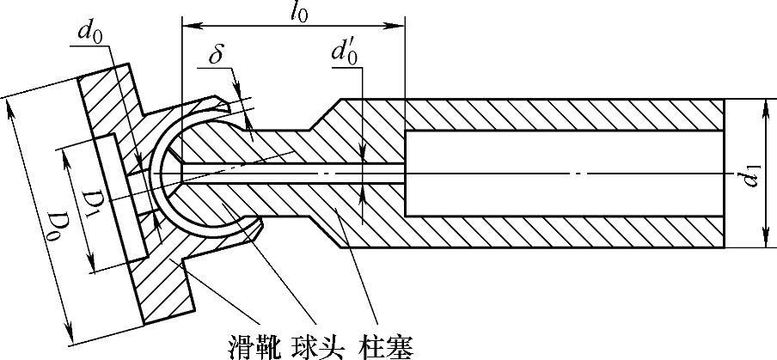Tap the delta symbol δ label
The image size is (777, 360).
tap(217, 55)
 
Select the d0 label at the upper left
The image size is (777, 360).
tap(87, 33)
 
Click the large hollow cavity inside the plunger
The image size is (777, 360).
tap(563, 174)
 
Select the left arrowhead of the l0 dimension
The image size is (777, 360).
tap(186, 16)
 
